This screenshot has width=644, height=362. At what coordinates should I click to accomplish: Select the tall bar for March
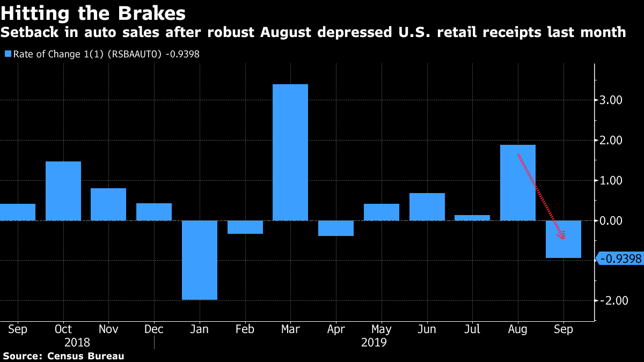(290, 152)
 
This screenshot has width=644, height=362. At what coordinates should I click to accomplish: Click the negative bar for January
(200, 260)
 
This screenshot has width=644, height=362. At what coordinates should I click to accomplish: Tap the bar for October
(63, 190)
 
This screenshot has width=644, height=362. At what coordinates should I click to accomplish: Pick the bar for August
(518, 182)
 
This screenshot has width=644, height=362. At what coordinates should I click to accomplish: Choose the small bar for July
(472, 218)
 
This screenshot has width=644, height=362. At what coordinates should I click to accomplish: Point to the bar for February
(245, 227)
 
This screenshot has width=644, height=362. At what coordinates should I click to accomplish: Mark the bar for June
(427, 206)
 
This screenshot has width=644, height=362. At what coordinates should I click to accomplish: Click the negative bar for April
(336, 228)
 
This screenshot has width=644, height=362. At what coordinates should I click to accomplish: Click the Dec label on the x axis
(154, 329)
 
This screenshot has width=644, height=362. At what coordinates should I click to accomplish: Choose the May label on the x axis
(381, 329)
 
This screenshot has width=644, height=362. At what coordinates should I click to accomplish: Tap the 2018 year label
(77, 342)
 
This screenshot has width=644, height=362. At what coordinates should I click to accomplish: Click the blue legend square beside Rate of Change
(7, 54)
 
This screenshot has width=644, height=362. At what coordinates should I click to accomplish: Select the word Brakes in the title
(153, 13)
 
